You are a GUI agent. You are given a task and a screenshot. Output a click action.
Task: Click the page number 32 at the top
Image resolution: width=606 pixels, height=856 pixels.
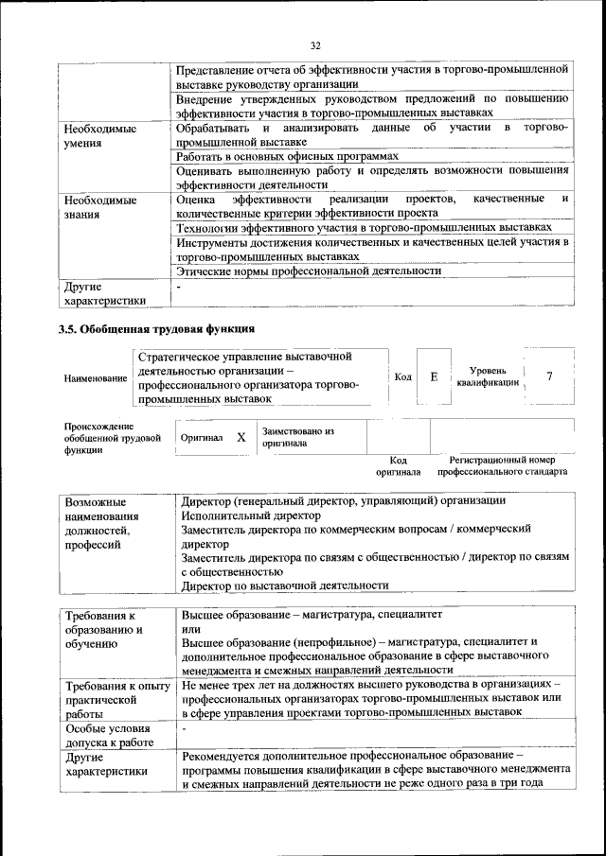pyautogui.click(x=315, y=44)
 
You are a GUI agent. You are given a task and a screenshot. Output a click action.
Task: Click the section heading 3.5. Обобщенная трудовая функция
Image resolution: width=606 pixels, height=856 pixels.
pyautogui.click(x=157, y=328)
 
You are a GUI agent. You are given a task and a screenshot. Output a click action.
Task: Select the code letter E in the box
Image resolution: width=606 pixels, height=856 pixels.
pyautogui.click(x=434, y=376)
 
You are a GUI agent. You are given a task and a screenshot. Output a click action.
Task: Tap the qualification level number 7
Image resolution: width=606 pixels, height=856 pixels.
pyautogui.click(x=549, y=376)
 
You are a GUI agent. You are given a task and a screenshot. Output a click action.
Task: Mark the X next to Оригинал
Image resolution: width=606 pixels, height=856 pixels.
pyautogui.click(x=241, y=438)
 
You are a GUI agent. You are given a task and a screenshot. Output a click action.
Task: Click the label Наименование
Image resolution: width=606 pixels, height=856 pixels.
pyautogui.click(x=96, y=378)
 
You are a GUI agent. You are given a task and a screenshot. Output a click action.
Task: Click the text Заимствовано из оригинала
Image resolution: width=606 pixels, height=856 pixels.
pyautogui.click(x=298, y=437)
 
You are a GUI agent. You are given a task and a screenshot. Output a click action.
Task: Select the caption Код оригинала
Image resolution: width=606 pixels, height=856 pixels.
pyautogui.click(x=398, y=464)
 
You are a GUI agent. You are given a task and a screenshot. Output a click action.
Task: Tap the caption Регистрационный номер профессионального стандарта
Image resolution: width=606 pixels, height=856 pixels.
pyautogui.click(x=503, y=464)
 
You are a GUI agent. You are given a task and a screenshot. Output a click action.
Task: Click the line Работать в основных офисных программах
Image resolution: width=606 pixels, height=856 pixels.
pyautogui.click(x=287, y=156)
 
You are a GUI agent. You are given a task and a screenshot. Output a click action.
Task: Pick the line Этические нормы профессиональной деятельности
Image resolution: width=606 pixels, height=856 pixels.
pyautogui.click(x=310, y=271)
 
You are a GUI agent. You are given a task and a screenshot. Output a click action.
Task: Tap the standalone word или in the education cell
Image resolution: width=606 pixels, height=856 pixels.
pyautogui.click(x=191, y=628)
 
